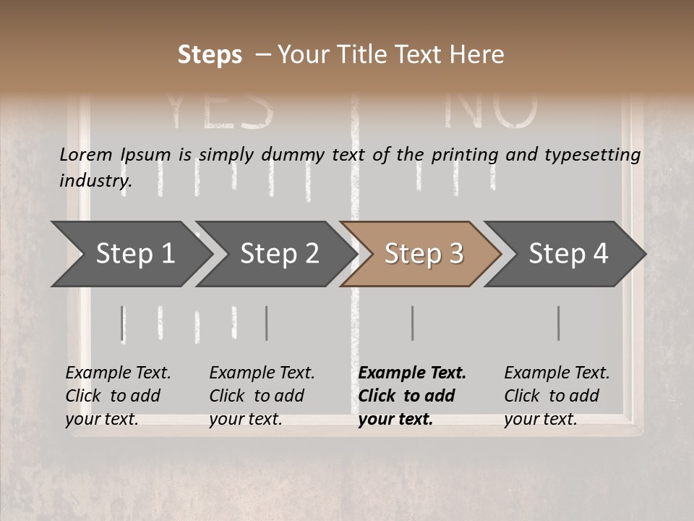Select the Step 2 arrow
pos(279,254)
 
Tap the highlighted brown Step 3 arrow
pos(423,254)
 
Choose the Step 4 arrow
pos(567,254)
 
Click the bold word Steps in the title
pos(210,55)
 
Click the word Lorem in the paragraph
pos(87,154)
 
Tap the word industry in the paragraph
pos(95,180)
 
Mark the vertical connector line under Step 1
pos(123,323)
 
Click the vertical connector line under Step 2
pos(267,323)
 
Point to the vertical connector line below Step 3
pos(412,323)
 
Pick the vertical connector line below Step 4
pos(558,323)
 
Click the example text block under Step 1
pos(118,396)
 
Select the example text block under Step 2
pos(262,396)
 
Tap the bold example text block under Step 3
pos(412,396)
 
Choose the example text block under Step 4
pos(557,396)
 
